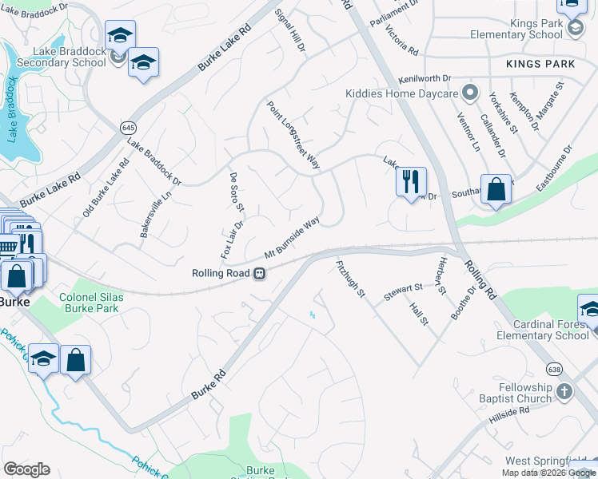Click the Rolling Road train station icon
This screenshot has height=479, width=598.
(x=259, y=274)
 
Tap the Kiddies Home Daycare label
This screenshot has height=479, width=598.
(x=401, y=93)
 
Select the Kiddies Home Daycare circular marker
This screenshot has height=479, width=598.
(x=471, y=93)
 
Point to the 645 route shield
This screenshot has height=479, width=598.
(x=128, y=128)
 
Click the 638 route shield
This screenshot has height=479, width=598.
(x=552, y=368)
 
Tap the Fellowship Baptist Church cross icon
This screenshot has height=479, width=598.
(x=564, y=391)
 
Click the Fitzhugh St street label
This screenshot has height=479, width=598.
(x=349, y=277)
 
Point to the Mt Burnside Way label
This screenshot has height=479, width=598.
(x=293, y=236)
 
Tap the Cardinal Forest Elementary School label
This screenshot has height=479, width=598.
(x=540, y=330)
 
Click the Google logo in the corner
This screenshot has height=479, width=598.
(x=26, y=469)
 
